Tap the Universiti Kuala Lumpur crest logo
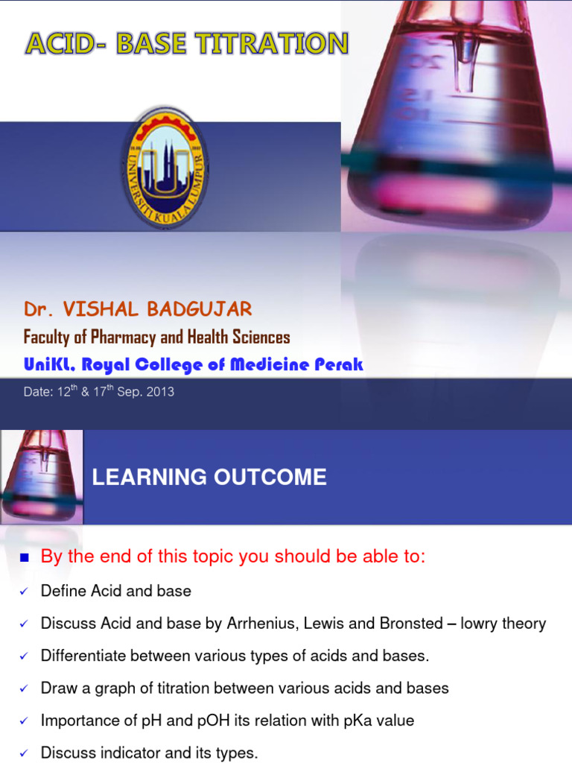coord(165,168)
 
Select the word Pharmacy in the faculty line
coord(118,337)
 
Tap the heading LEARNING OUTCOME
coord(209,478)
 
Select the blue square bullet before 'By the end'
coord(23,557)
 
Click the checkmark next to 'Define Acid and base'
coord(23,592)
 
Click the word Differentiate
coord(83,656)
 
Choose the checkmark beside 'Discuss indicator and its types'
coord(23,753)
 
